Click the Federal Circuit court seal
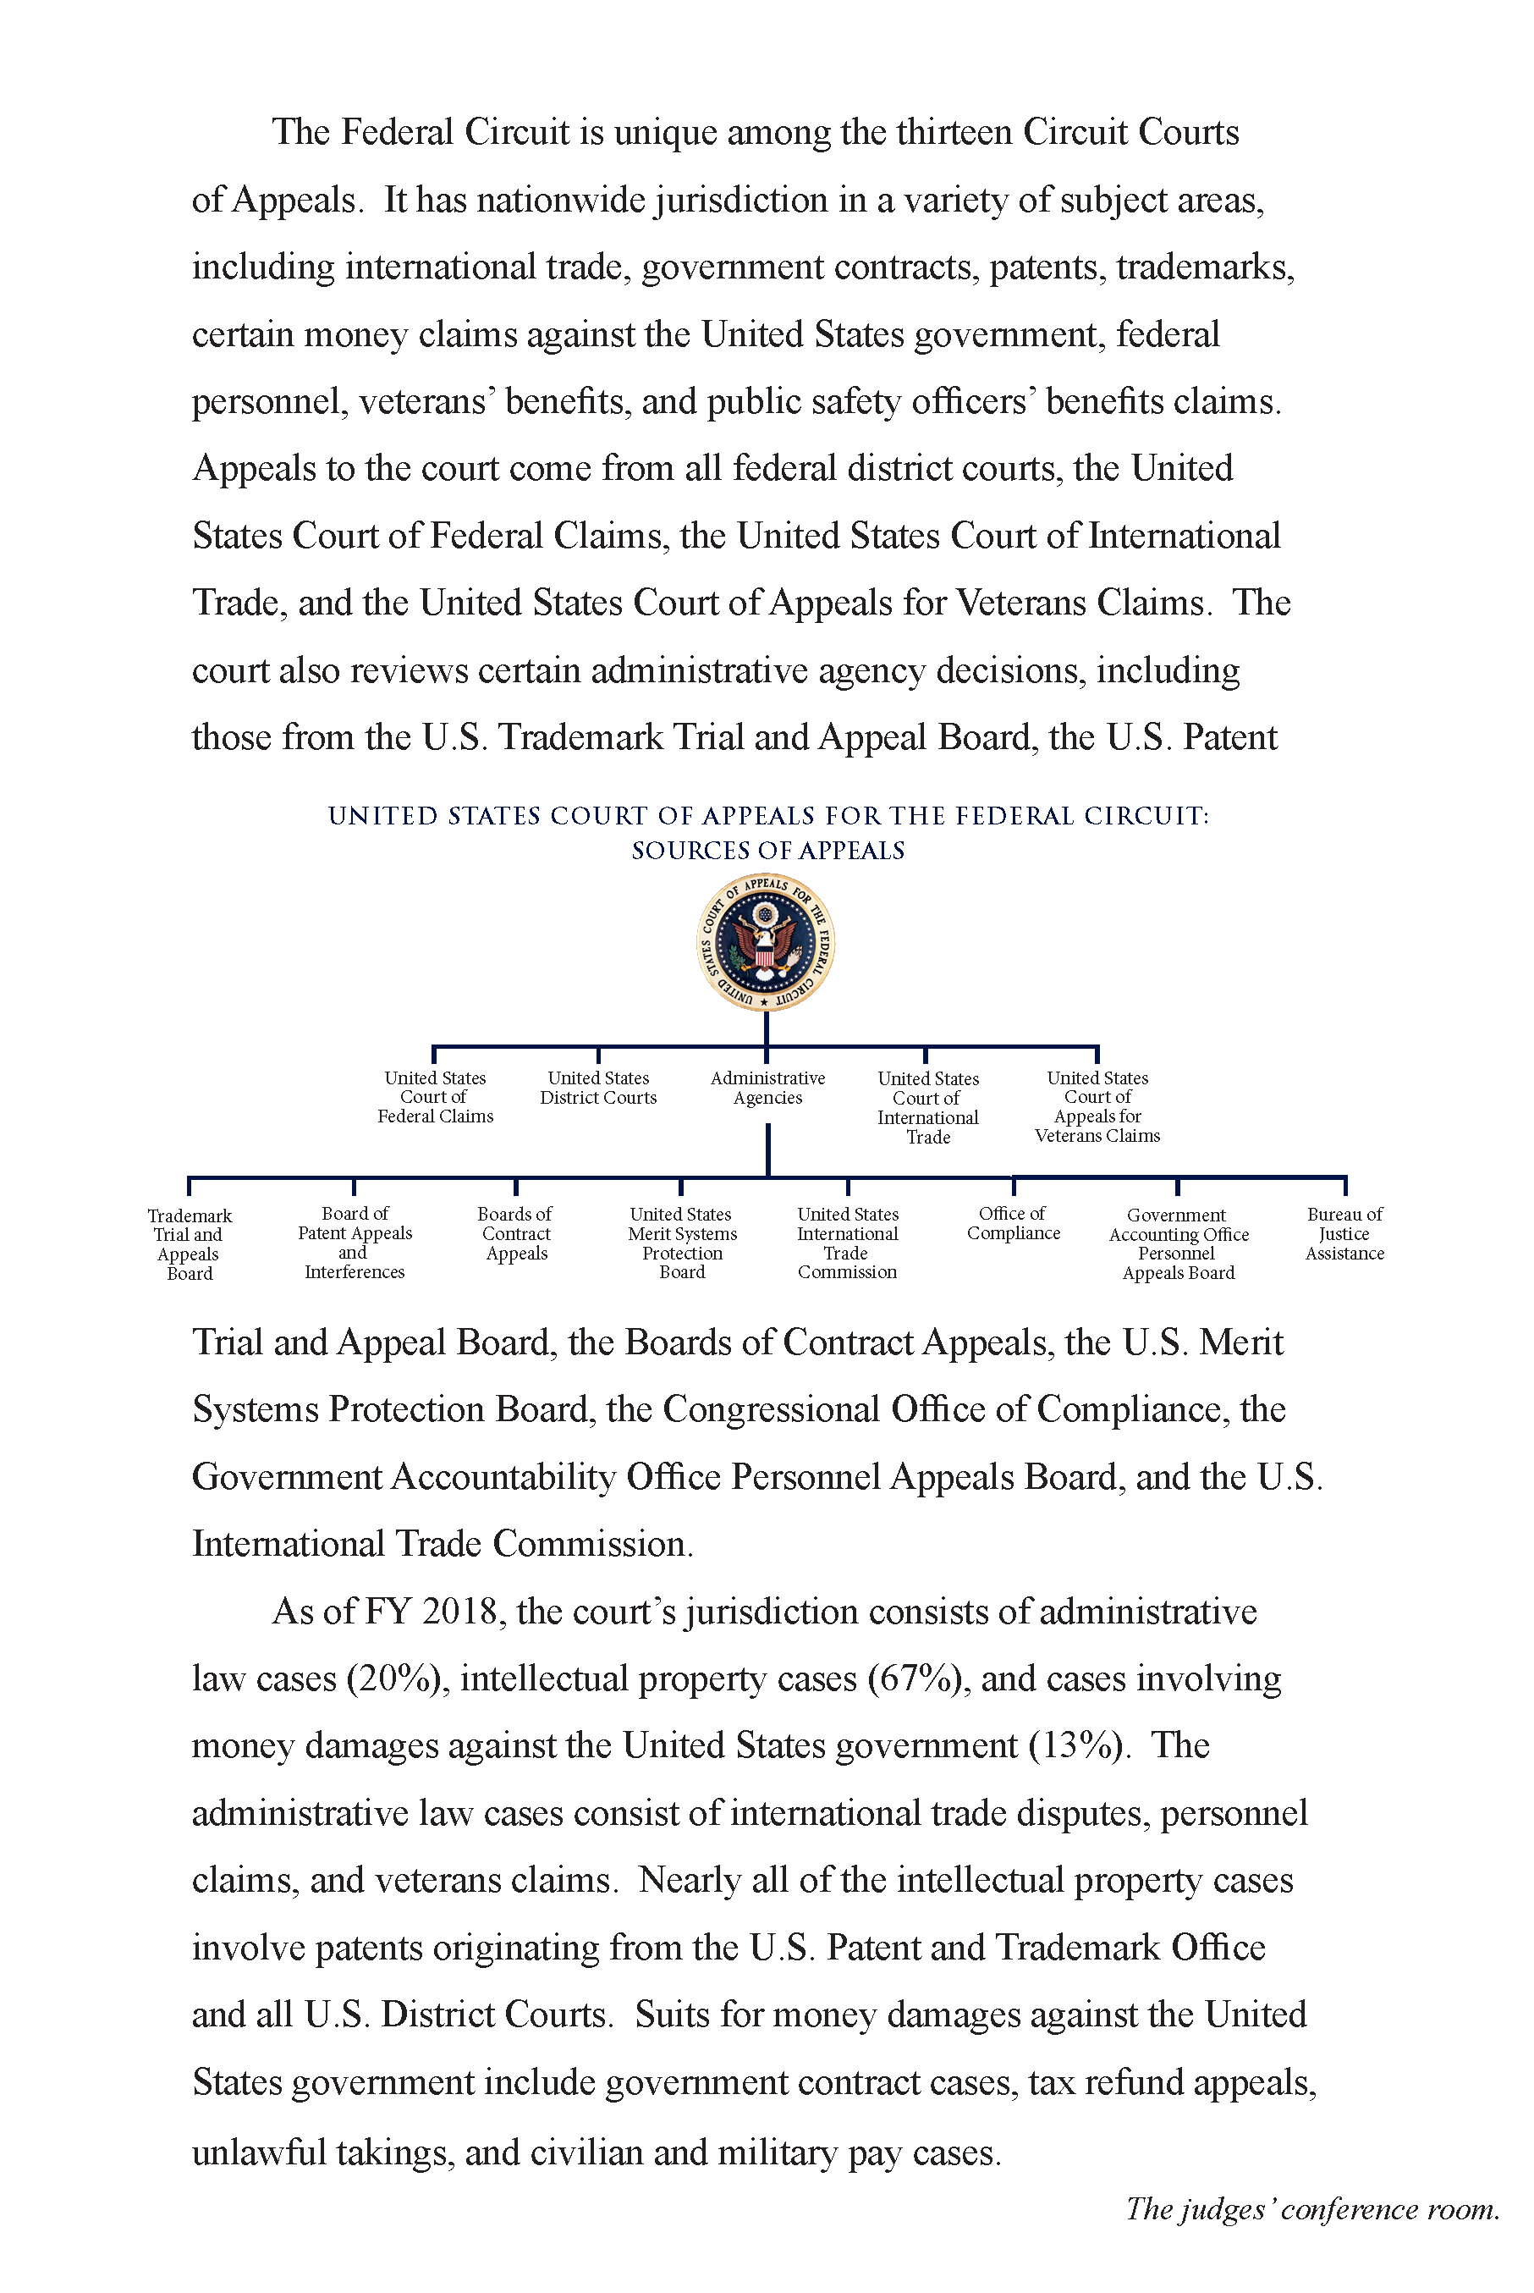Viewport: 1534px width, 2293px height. (x=765, y=941)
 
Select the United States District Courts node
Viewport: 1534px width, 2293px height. (x=597, y=1088)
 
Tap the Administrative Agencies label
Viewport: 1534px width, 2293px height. (x=767, y=1088)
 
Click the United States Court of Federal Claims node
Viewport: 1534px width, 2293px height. (x=436, y=1096)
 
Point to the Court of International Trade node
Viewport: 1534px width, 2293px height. (x=927, y=1107)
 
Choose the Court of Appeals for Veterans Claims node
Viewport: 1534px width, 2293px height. (x=1097, y=1106)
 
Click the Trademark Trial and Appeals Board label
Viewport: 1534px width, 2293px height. (x=189, y=1244)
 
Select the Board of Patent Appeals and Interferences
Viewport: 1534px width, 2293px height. (x=355, y=1242)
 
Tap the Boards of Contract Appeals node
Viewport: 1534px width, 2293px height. (x=515, y=1233)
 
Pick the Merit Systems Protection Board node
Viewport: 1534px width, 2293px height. (x=682, y=1242)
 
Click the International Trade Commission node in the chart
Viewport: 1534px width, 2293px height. (x=847, y=1242)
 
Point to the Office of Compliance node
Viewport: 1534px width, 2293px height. (x=1014, y=1223)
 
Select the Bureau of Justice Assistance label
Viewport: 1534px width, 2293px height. (x=1344, y=1233)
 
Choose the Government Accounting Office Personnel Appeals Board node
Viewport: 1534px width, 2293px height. (x=1178, y=1243)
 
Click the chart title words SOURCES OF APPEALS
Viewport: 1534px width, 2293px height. (x=768, y=851)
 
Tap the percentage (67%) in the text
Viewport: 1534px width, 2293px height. (x=915, y=1678)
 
